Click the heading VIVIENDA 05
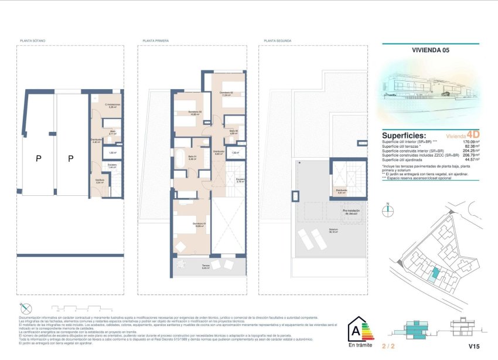[430, 51]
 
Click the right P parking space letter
[71, 158]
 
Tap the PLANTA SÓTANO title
[33, 41]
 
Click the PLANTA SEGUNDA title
[278, 41]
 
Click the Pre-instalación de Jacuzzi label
[350, 212]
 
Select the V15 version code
[473, 346]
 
